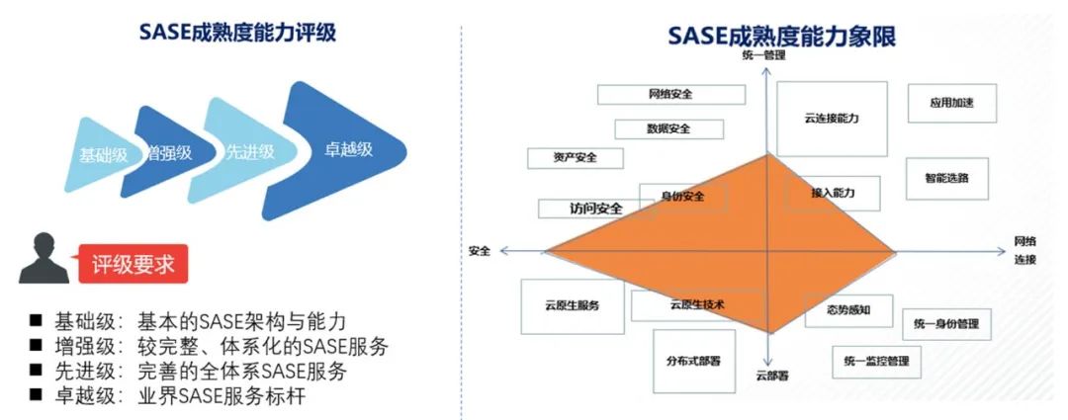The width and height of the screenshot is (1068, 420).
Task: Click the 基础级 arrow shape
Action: coord(99,155)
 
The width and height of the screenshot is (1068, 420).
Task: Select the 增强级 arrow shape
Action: coord(167,153)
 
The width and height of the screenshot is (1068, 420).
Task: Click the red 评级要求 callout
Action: coord(133,265)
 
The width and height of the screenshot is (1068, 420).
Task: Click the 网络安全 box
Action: coord(670,94)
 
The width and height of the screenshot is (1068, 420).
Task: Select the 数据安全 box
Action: coord(668,128)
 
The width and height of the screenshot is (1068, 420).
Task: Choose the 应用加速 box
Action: coord(951,103)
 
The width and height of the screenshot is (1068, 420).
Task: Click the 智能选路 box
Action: coord(946,179)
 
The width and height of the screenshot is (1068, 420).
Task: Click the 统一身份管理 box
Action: coord(946,324)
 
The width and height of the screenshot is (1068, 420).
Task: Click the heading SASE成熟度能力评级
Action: coord(237,33)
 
